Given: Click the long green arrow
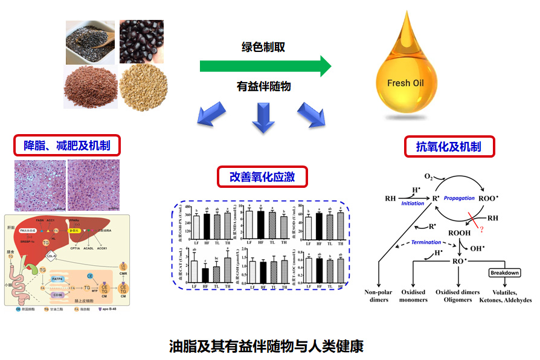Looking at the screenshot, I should click(265, 65).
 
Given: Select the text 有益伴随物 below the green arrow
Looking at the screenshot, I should click(263, 86).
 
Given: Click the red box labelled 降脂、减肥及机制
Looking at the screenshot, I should click(66, 145).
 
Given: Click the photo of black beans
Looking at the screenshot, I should click(141, 42).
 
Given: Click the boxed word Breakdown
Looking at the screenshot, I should click(504, 272).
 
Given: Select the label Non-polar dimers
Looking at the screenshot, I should click(379, 295).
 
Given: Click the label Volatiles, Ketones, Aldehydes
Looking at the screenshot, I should click(504, 296).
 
